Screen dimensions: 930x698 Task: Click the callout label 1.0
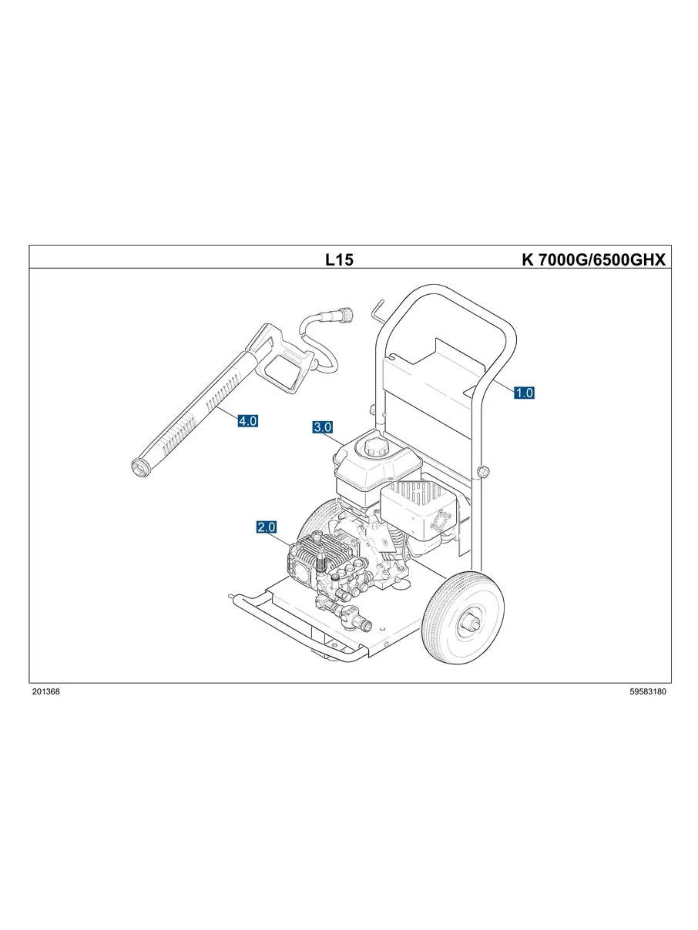524,393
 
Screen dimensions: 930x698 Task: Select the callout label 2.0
267,527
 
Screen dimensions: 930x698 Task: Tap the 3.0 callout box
323,427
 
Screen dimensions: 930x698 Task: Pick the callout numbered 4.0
247,421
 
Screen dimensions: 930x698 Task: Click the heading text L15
339,260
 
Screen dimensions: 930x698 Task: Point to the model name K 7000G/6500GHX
592,260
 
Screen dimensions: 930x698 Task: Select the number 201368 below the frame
46,692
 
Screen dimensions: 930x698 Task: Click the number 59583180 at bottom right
647,692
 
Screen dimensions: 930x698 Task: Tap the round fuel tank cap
375,447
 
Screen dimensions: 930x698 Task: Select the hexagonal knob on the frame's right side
484,471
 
